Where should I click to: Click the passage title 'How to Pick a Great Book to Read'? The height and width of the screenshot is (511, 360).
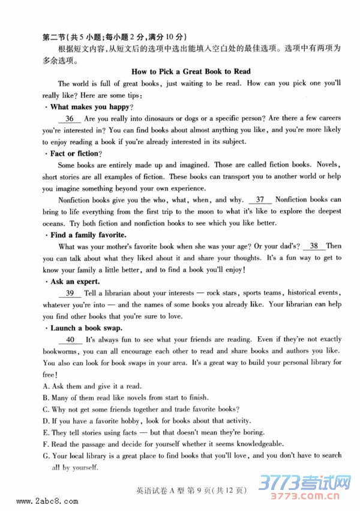pos(190,71)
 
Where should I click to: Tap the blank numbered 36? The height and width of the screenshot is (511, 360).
pos(70,119)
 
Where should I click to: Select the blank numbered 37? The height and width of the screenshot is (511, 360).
pos(259,199)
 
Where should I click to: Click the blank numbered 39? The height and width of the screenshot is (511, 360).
pos(70,292)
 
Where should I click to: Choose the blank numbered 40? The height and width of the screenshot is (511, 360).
pos(70,339)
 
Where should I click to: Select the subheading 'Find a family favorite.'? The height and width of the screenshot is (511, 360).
pos(88,234)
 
